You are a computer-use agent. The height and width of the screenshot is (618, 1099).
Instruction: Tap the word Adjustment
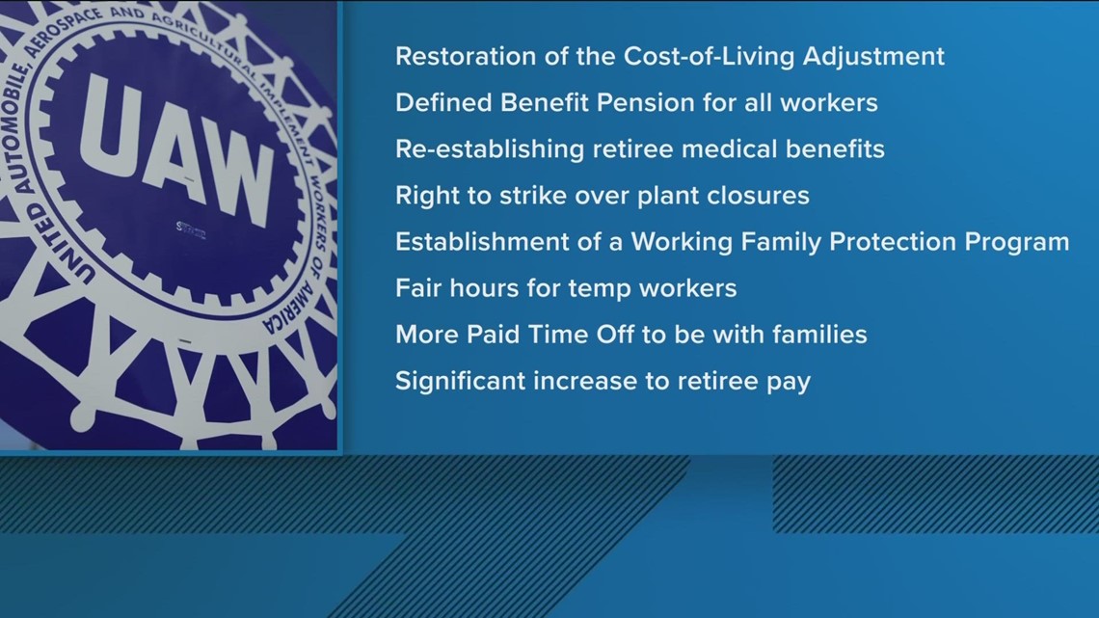(879, 57)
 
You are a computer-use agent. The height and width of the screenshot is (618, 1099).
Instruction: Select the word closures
(759, 196)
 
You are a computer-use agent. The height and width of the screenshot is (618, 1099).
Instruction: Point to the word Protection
(892, 242)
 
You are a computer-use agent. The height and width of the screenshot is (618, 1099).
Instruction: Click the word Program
(1026, 242)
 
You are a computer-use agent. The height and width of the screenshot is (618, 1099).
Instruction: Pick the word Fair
(415, 288)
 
